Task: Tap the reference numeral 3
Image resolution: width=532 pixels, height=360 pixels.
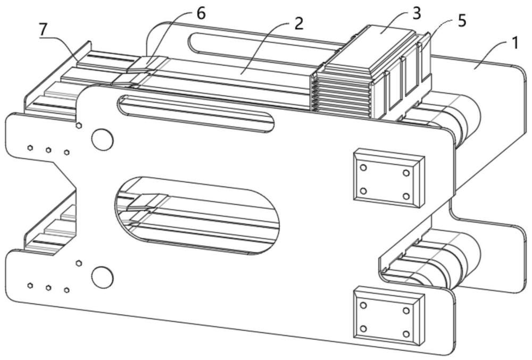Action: pos(415,13)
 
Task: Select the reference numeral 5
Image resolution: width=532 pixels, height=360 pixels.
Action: pos(461,21)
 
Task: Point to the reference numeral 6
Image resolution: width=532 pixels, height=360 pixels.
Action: pos(200,13)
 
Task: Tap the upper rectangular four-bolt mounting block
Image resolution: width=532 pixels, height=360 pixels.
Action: pos(389,177)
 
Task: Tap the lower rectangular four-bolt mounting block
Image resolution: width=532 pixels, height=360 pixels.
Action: pos(389,315)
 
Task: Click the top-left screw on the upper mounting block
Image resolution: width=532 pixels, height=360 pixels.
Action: pos(364,167)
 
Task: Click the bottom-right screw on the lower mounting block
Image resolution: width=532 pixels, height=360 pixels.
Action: pos(406,334)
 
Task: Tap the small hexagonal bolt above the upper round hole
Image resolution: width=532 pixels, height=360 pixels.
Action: pos(79,125)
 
